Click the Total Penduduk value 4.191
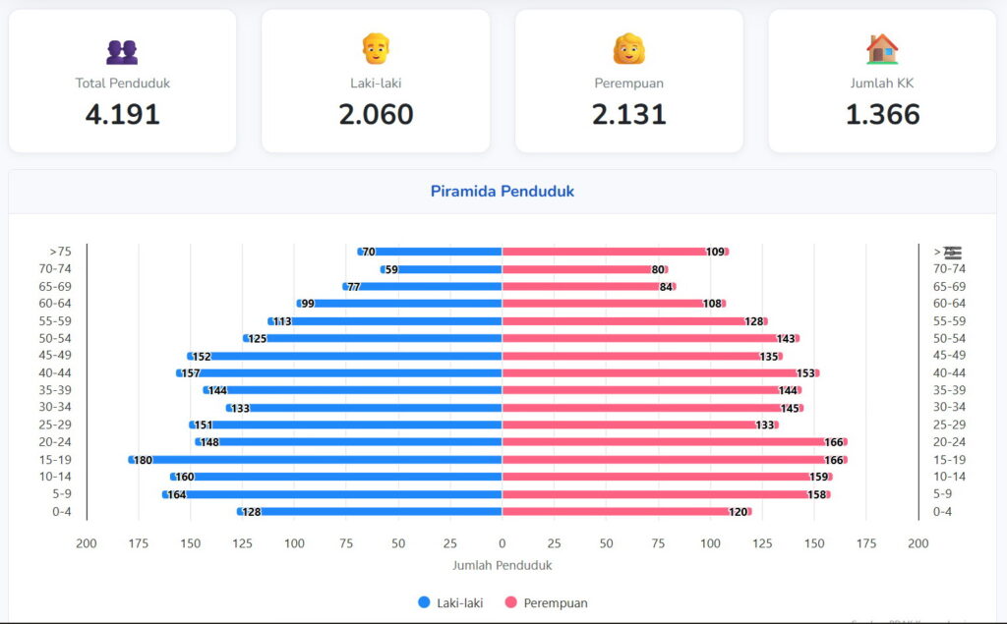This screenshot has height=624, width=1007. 122,114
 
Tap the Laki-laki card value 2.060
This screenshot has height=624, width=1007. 376,114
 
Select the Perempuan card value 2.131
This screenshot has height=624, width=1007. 629,114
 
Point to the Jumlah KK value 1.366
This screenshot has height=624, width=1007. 882,114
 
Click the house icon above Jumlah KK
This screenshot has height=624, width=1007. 882,49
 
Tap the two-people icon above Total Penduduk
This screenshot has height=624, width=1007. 122,51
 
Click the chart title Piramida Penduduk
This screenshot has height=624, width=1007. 503,192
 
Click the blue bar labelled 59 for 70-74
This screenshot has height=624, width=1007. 447,269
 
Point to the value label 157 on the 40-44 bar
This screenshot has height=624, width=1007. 191,373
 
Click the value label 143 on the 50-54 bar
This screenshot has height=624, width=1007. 786,339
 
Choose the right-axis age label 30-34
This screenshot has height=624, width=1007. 949,408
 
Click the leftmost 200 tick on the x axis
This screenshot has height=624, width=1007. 87,543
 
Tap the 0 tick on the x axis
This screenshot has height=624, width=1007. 503,543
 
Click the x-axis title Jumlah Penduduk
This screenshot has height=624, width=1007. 503,566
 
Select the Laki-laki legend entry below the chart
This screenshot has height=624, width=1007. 452,602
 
